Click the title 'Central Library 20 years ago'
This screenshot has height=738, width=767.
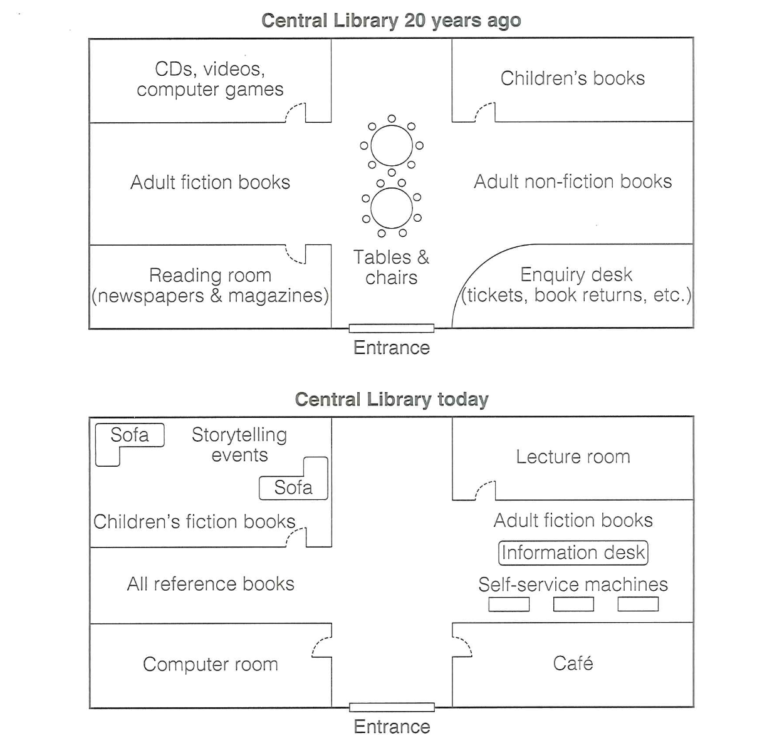click(391, 21)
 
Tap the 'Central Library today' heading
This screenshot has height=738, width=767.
click(391, 399)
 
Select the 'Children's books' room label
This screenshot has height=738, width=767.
click(572, 78)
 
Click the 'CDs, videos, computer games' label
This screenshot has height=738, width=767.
click(210, 79)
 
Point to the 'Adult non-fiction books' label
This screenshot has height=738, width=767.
click(572, 182)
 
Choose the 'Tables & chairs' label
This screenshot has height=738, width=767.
click(391, 267)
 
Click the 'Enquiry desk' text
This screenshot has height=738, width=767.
click(576, 274)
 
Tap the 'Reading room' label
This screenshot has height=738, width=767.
click(210, 275)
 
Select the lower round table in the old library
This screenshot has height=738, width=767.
click(392, 208)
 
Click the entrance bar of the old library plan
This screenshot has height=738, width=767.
click(391, 328)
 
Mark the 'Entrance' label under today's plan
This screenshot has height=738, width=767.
click(392, 727)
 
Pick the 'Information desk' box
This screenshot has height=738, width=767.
click(573, 553)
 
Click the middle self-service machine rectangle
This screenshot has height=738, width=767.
click(573, 604)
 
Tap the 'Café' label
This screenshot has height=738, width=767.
click(573, 663)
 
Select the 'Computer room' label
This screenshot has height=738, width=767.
click(210, 664)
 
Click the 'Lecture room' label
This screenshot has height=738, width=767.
click(573, 457)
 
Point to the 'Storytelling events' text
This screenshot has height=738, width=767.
click(239, 444)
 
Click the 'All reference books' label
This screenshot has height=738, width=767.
click(211, 584)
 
